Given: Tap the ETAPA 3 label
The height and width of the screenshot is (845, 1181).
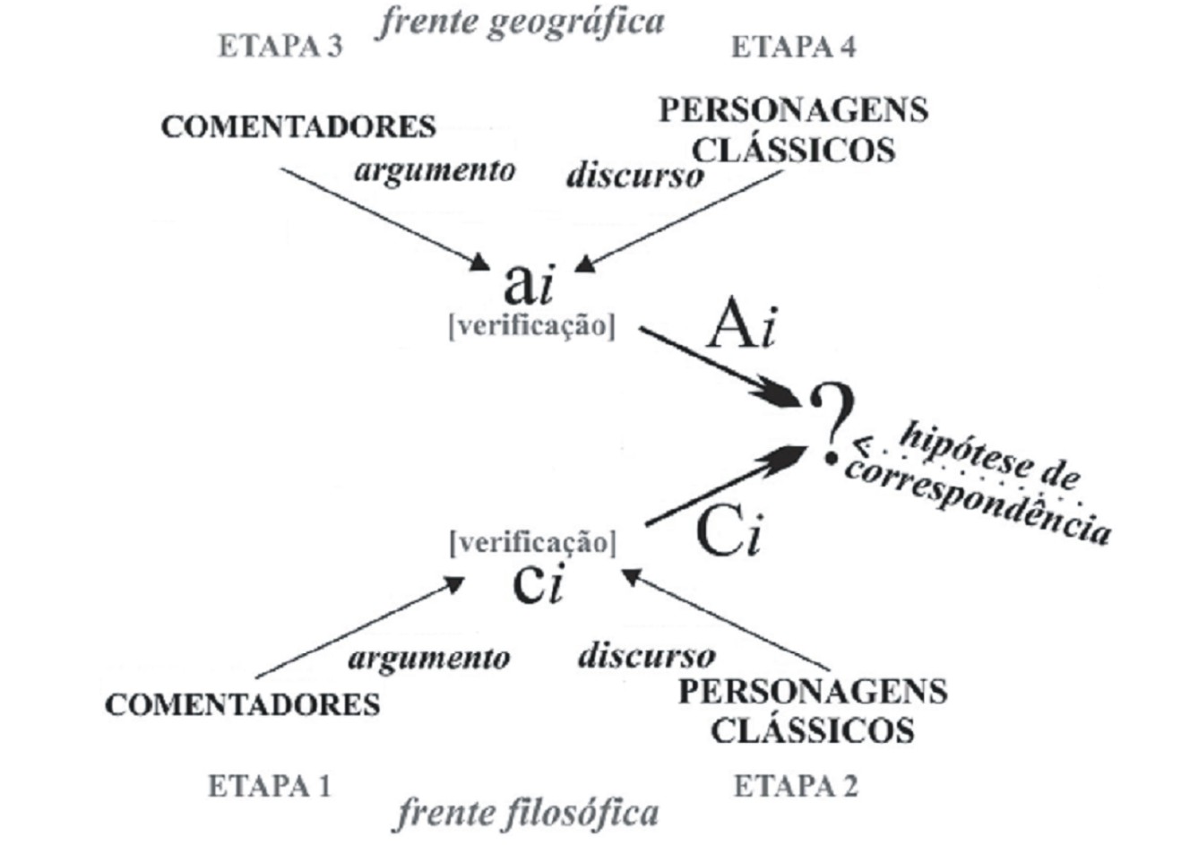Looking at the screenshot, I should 280,47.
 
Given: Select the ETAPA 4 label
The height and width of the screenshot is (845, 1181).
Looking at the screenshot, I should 794,47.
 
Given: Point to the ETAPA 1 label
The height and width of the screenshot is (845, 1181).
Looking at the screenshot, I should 270,786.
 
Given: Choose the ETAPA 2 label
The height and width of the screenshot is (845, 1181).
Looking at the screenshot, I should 796,786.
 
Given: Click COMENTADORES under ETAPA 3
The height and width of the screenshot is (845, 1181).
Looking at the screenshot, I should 298,126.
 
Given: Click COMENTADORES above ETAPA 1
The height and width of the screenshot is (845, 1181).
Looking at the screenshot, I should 242,704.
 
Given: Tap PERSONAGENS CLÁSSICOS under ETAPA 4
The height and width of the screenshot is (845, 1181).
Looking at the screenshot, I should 793,129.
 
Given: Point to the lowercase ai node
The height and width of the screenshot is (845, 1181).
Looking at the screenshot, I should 530,284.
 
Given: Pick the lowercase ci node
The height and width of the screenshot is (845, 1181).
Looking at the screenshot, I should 537,582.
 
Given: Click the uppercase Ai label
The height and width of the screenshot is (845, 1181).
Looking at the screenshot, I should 740,326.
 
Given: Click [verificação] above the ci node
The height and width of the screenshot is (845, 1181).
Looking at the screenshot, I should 533,542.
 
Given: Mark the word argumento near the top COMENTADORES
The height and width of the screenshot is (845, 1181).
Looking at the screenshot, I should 435,169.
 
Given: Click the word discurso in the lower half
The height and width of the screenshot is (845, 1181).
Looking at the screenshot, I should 646,656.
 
